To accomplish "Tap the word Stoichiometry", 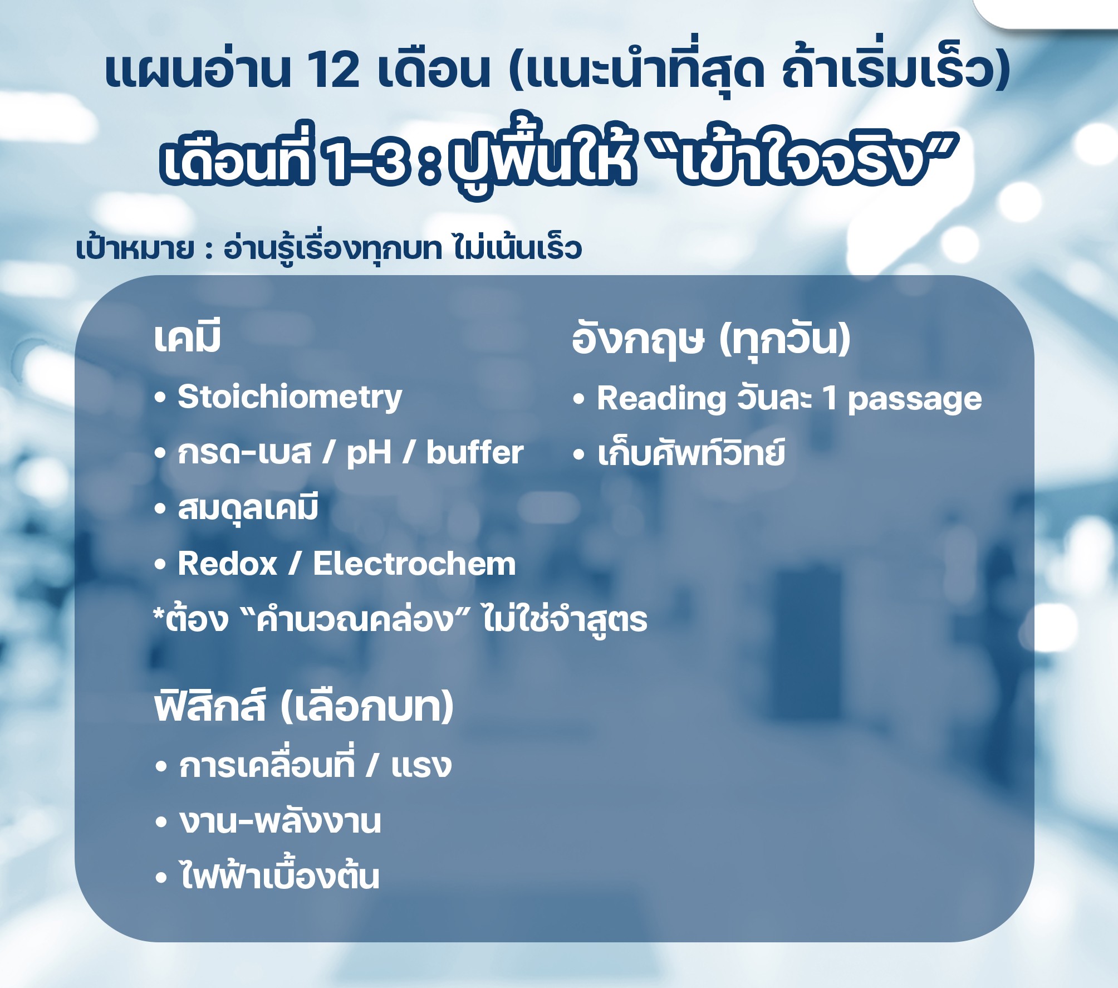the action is pyautogui.click(x=290, y=398).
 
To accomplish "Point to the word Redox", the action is pyautogui.click(x=227, y=564).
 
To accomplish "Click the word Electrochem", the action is pyautogui.click(x=414, y=564).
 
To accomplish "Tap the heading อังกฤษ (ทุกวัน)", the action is pyautogui.click(x=711, y=339).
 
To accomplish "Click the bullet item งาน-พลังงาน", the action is pyautogui.click(x=280, y=821).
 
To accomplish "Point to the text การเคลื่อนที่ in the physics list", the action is pyautogui.click(x=267, y=764).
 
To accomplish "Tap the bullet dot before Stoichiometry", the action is pyautogui.click(x=160, y=399).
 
